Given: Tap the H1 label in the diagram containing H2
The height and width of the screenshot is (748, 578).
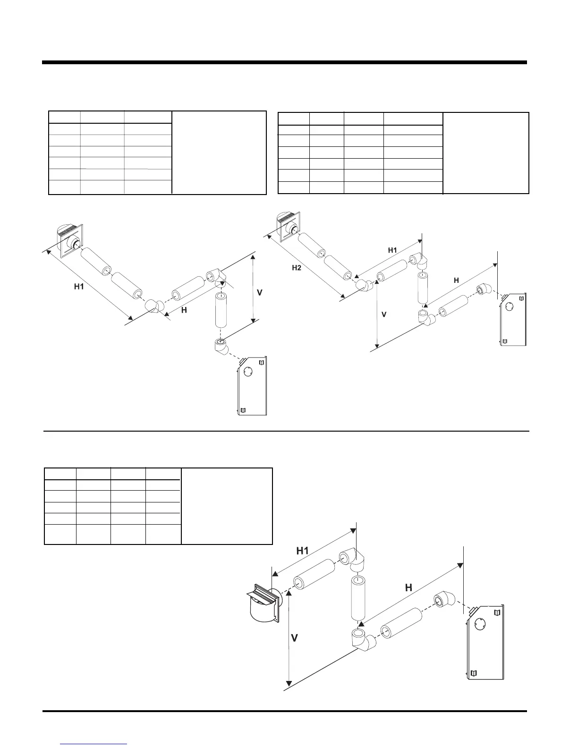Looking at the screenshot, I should tap(392, 251).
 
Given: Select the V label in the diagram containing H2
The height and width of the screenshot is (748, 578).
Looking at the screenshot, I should tap(384, 314).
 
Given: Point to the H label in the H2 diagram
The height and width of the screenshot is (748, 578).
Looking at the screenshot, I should tap(456, 280).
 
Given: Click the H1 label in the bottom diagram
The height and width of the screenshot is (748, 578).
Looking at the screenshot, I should tap(302, 551).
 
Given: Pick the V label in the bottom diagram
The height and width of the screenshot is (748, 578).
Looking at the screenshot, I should tap(294, 638).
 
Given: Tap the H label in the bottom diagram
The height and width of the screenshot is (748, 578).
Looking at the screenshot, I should tap(408, 588).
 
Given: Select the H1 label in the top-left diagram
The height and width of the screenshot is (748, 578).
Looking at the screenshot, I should tap(79, 287).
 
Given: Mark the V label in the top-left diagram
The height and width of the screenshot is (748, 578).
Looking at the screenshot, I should tap(259, 293).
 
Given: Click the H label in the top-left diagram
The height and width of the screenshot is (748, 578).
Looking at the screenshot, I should tap(184, 310).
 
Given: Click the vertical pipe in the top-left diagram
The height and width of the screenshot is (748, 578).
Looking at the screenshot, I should tap(221, 310).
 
